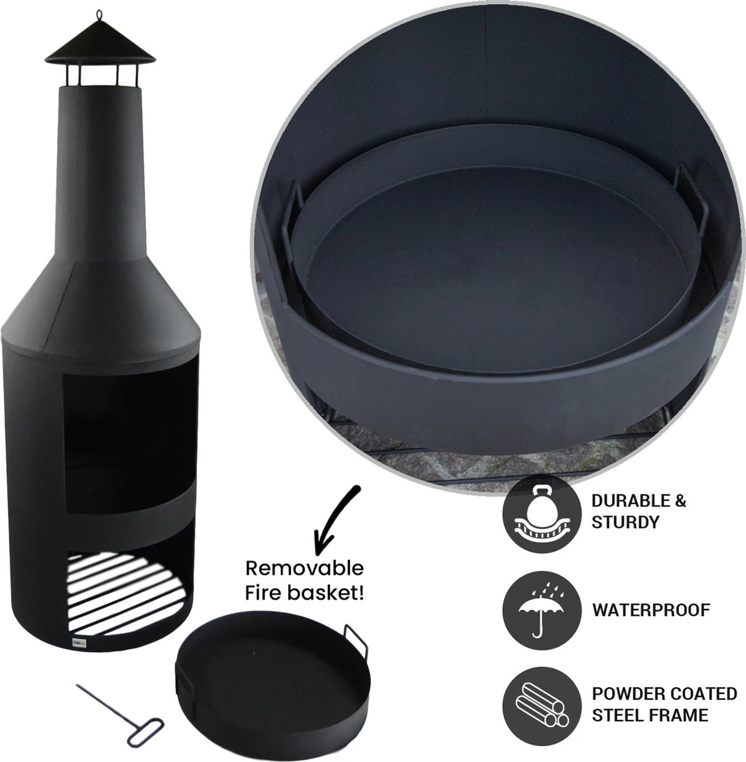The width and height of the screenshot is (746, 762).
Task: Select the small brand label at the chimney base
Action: click(77, 641)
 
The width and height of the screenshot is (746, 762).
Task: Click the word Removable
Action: click(304, 568)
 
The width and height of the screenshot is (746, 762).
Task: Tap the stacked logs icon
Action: click(542, 706)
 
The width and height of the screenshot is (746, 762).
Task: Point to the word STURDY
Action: click(625, 523)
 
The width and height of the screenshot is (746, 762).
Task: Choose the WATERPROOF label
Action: click(651, 610)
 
